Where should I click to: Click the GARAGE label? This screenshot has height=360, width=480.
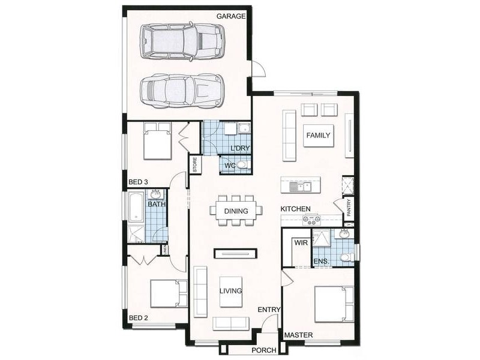click(232, 16)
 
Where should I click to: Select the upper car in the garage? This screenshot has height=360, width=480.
click(182, 41)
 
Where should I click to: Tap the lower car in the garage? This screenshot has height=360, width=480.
click(181, 91)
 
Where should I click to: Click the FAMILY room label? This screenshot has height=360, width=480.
click(318, 136)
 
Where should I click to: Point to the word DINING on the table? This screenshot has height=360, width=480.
click(236, 211)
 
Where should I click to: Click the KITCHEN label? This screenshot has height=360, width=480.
click(296, 209)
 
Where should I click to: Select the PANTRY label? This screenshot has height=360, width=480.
click(349, 208)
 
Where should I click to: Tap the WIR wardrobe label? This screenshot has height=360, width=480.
click(301, 243)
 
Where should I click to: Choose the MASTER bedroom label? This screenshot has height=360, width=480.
click(299, 335)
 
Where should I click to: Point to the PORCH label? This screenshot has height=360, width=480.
click(263, 350)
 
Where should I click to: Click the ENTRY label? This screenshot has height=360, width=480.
click(269, 310)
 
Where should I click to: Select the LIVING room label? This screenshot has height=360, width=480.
click(230, 291)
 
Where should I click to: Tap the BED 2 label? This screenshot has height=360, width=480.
click(138, 318)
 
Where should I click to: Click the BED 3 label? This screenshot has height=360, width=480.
click(138, 181)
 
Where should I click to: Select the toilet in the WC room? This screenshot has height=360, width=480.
click(241, 165)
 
